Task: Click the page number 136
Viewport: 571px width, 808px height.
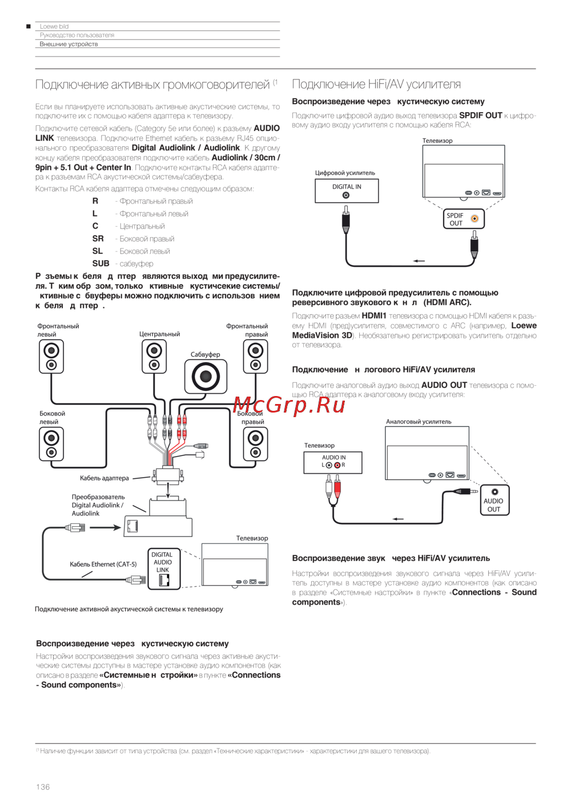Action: pos(43,787)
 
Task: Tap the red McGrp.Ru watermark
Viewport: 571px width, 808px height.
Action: pos(289,405)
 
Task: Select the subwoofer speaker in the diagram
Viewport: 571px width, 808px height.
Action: pos(206,377)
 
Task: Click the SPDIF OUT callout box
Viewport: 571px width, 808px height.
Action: pos(463,219)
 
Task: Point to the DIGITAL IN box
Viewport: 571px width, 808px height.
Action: pos(347,191)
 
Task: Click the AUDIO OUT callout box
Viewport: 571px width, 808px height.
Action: pos(494,500)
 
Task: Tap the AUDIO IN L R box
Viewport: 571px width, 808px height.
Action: pos(333,462)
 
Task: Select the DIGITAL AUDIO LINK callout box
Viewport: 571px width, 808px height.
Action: pos(163,569)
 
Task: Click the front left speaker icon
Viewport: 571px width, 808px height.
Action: pos(51,356)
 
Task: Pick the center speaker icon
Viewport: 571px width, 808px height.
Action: pos(154,356)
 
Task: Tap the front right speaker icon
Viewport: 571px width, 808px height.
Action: pos(255,356)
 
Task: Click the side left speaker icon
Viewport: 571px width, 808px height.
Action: pos(51,444)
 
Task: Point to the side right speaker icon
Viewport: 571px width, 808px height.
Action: pos(255,444)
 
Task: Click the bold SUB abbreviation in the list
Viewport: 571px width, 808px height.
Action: pos(100,263)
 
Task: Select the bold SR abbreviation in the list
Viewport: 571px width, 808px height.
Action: pos(98,238)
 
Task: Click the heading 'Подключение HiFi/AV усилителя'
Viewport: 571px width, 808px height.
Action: pos(376,85)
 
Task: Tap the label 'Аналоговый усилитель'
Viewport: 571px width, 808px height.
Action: pos(419,422)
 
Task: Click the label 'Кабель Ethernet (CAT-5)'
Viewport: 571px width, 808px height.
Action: pos(103,564)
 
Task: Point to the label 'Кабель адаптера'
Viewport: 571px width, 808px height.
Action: pos(104,478)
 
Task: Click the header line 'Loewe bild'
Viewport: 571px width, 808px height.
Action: pos(54,26)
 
